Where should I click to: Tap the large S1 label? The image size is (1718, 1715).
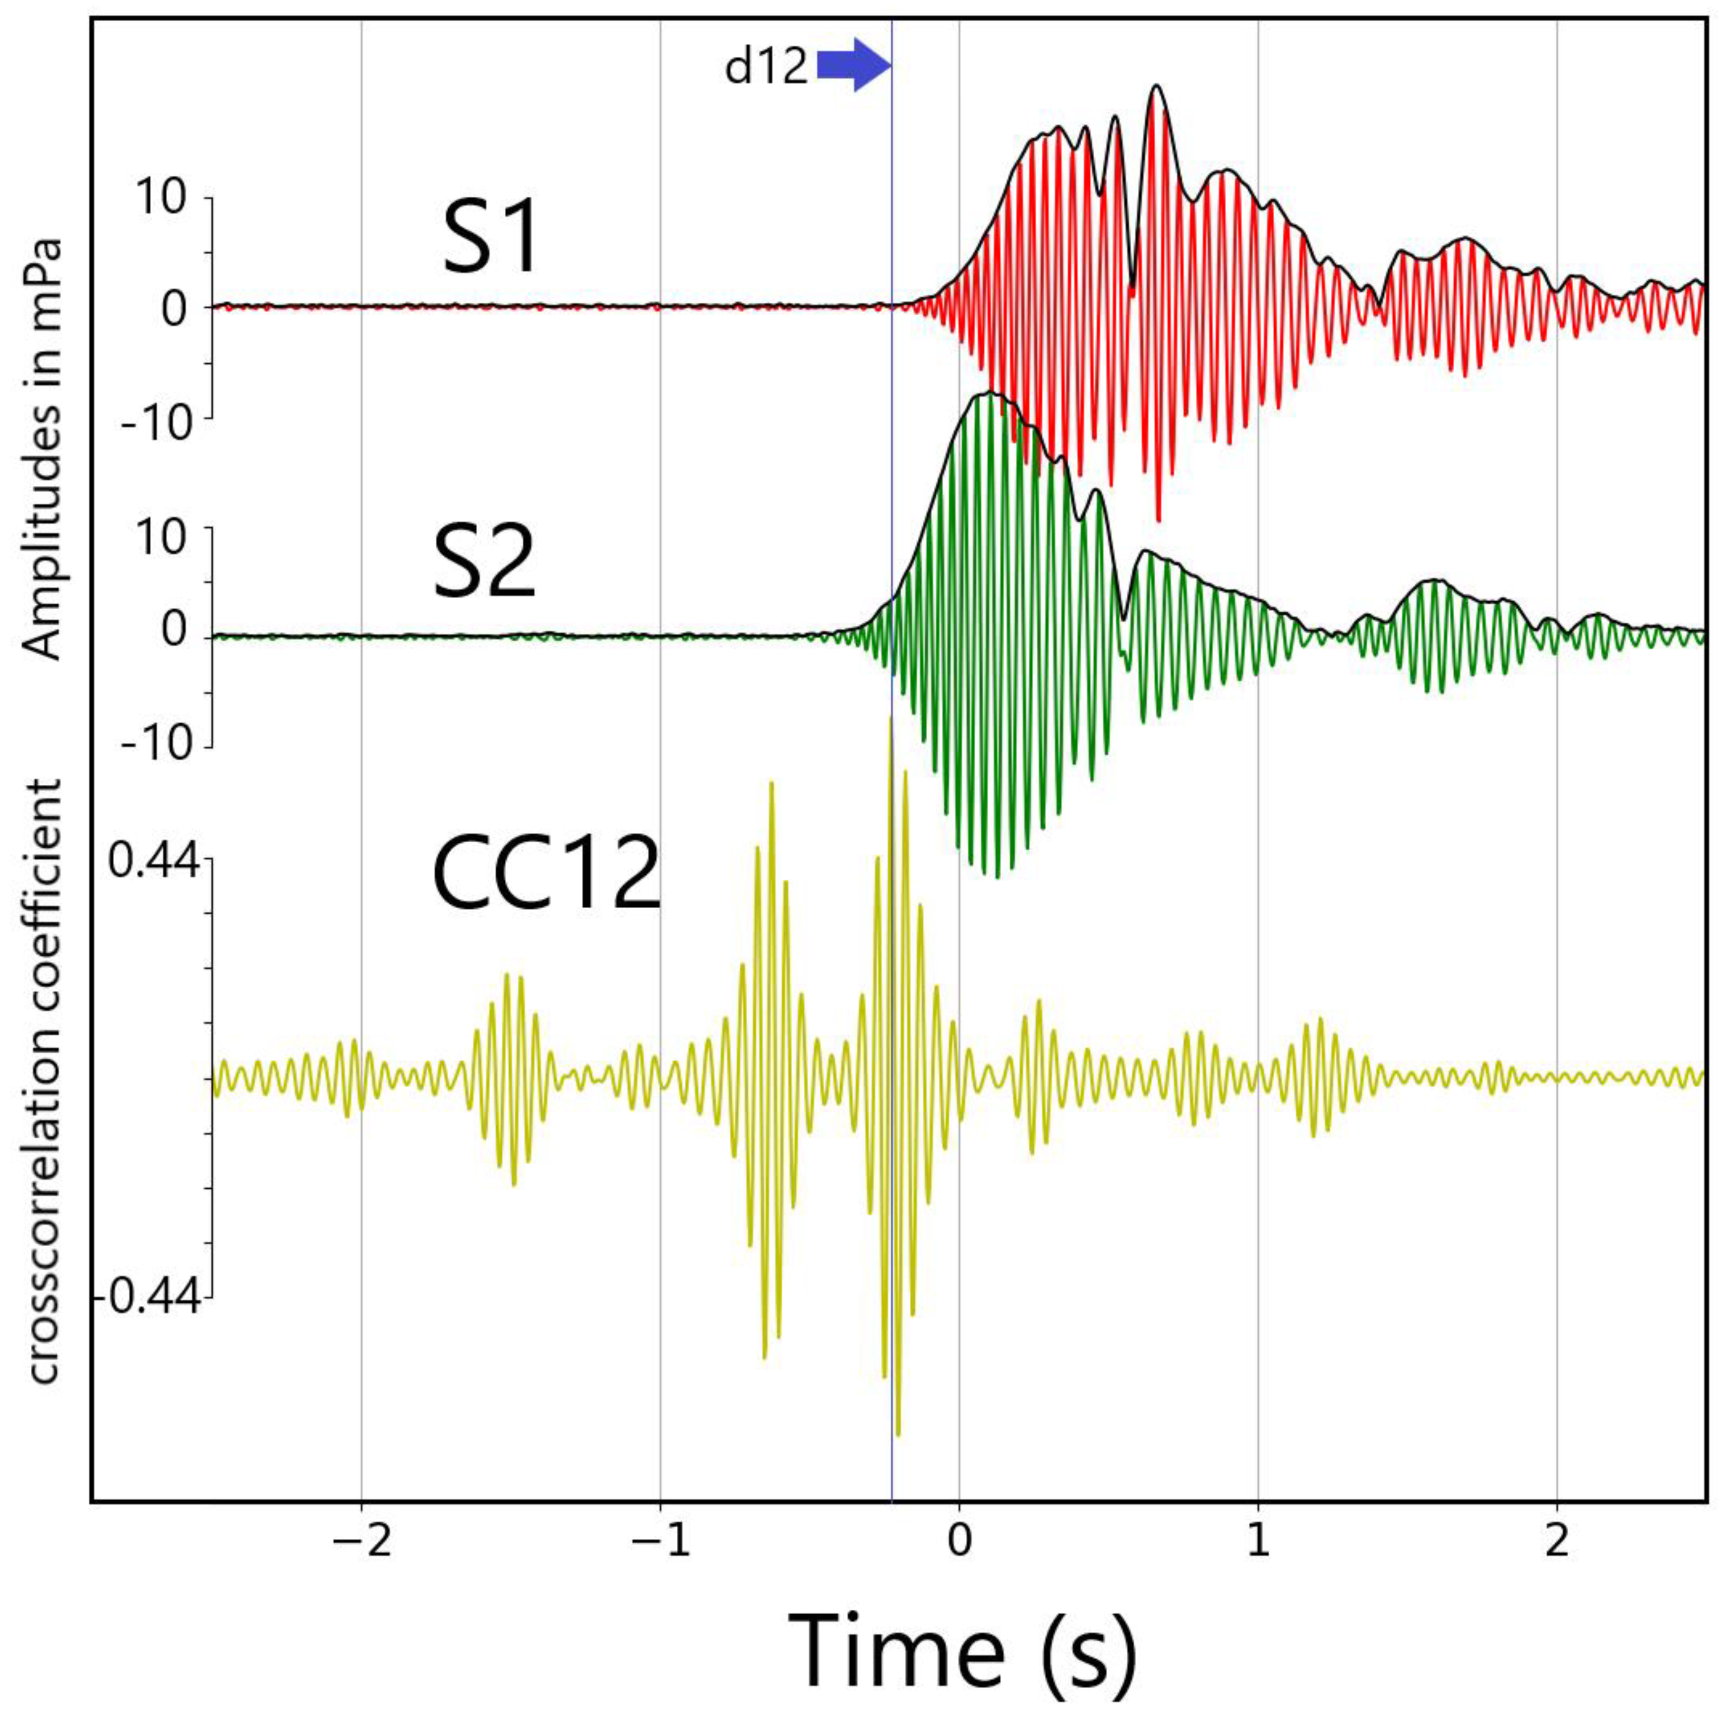click(491, 239)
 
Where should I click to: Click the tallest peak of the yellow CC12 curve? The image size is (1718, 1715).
click(890, 717)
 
